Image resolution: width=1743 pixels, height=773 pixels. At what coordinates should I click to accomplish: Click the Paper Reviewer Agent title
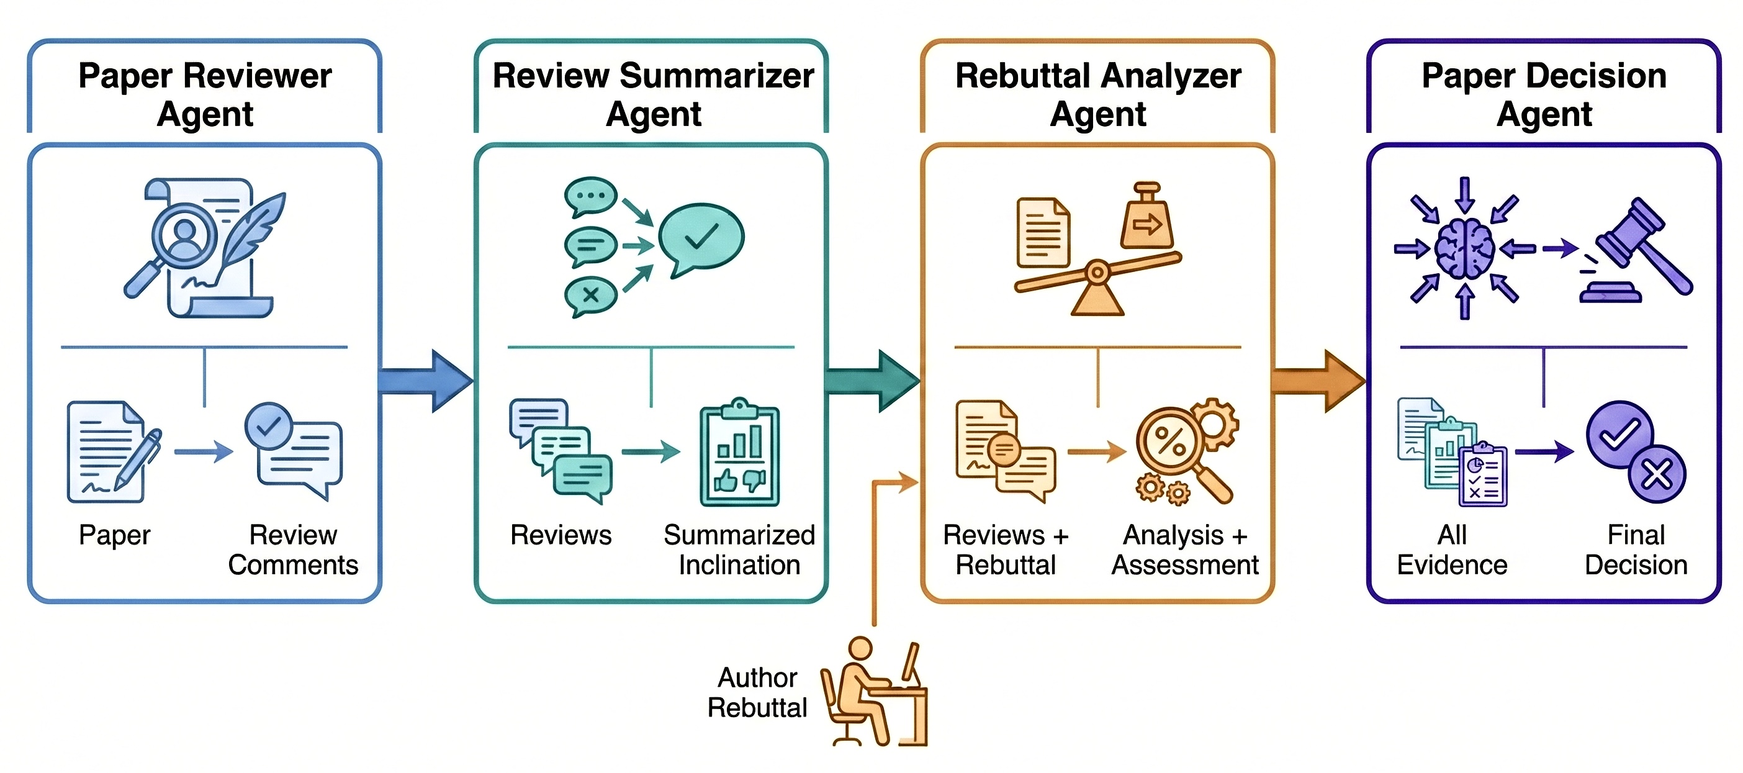pos(205,94)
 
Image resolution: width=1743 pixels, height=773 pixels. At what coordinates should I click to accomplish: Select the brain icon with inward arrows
pos(1464,248)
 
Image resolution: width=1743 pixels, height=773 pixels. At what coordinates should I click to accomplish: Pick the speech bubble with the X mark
pos(591,296)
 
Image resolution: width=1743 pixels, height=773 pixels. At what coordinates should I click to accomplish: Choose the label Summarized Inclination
pos(739,549)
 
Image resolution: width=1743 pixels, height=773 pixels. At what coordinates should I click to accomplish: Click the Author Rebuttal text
pos(757,692)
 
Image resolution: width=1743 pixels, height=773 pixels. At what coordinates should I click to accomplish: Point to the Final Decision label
pos(1636,549)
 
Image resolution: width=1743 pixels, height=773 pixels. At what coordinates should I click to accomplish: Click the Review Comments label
pos(293,549)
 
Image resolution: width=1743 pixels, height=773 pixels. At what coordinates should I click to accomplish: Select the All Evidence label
pos(1452,549)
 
